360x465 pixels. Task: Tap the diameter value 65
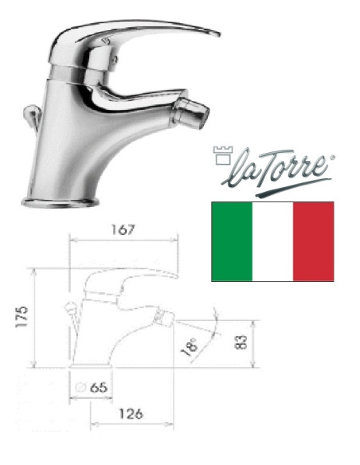tap(97, 386)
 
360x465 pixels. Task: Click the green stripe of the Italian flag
tap(231, 241)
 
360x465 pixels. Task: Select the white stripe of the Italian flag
tap(272, 241)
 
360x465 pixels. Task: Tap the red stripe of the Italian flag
tap(314, 241)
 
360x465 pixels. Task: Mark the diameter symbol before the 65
tap(80, 386)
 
